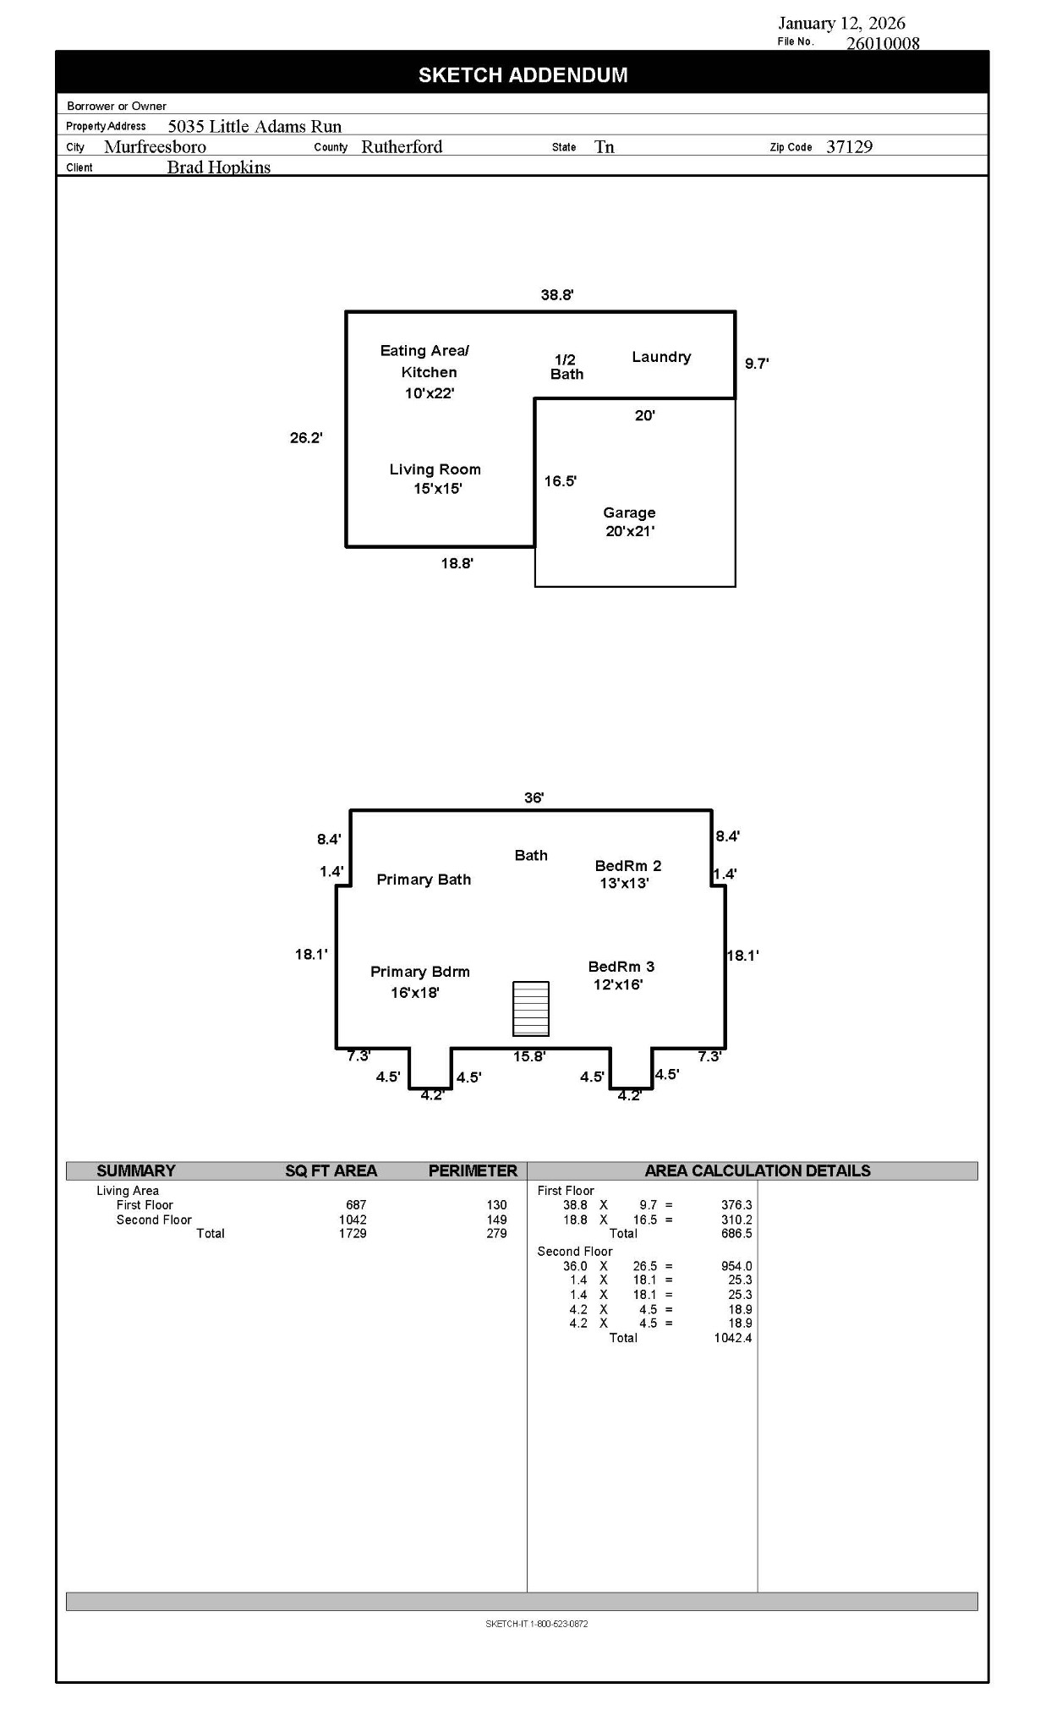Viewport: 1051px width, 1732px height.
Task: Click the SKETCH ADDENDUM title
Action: click(523, 75)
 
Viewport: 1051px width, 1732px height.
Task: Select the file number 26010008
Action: click(882, 43)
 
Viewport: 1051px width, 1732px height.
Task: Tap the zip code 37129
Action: click(848, 146)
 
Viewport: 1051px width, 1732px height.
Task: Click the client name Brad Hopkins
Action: click(218, 167)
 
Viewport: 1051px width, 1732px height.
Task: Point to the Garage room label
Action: click(629, 522)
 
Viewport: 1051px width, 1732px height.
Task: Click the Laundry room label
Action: click(660, 357)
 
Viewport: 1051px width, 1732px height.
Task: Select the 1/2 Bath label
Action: click(566, 367)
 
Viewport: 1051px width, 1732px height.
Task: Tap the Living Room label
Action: click(435, 479)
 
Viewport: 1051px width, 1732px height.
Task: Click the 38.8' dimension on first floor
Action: click(556, 295)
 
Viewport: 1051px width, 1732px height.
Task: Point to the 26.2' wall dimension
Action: click(306, 438)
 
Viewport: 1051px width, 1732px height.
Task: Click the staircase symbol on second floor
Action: click(530, 1008)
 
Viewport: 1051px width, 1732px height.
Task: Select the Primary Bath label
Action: click(423, 880)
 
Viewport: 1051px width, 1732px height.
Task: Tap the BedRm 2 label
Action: click(627, 874)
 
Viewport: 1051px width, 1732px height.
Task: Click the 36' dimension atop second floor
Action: click(534, 797)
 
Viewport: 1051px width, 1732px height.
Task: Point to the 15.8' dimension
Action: click(529, 1056)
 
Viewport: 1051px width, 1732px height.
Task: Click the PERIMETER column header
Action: click(472, 1170)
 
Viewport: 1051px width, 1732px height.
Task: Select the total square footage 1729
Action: click(353, 1233)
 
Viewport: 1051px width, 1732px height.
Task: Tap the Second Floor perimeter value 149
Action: click(496, 1220)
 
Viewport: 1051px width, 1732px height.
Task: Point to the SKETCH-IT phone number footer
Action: click(536, 1623)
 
